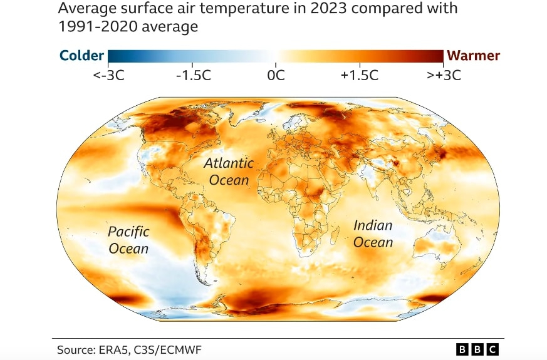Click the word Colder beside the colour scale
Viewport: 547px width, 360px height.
click(81, 56)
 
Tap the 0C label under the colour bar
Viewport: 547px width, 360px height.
click(276, 75)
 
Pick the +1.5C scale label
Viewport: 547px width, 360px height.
click(360, 75)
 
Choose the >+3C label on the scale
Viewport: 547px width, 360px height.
click(444, 75)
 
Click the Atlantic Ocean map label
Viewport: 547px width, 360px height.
click(229, 172)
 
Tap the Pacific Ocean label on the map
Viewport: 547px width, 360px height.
click(128, 240)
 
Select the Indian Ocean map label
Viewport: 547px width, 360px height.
click(373, 234)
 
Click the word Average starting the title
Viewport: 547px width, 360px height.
click(81, 9)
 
